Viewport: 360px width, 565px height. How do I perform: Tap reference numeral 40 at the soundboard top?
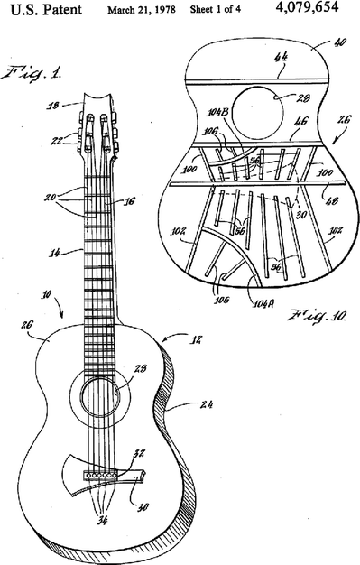pyautogui.click(x=339, y=42)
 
